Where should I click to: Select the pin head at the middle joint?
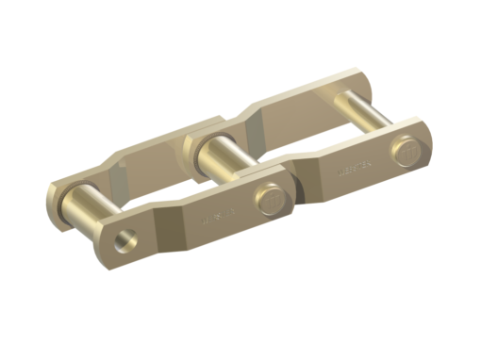[269, 201]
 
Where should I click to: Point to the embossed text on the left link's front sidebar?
[215, 221]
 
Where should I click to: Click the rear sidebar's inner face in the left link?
[151, 160]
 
